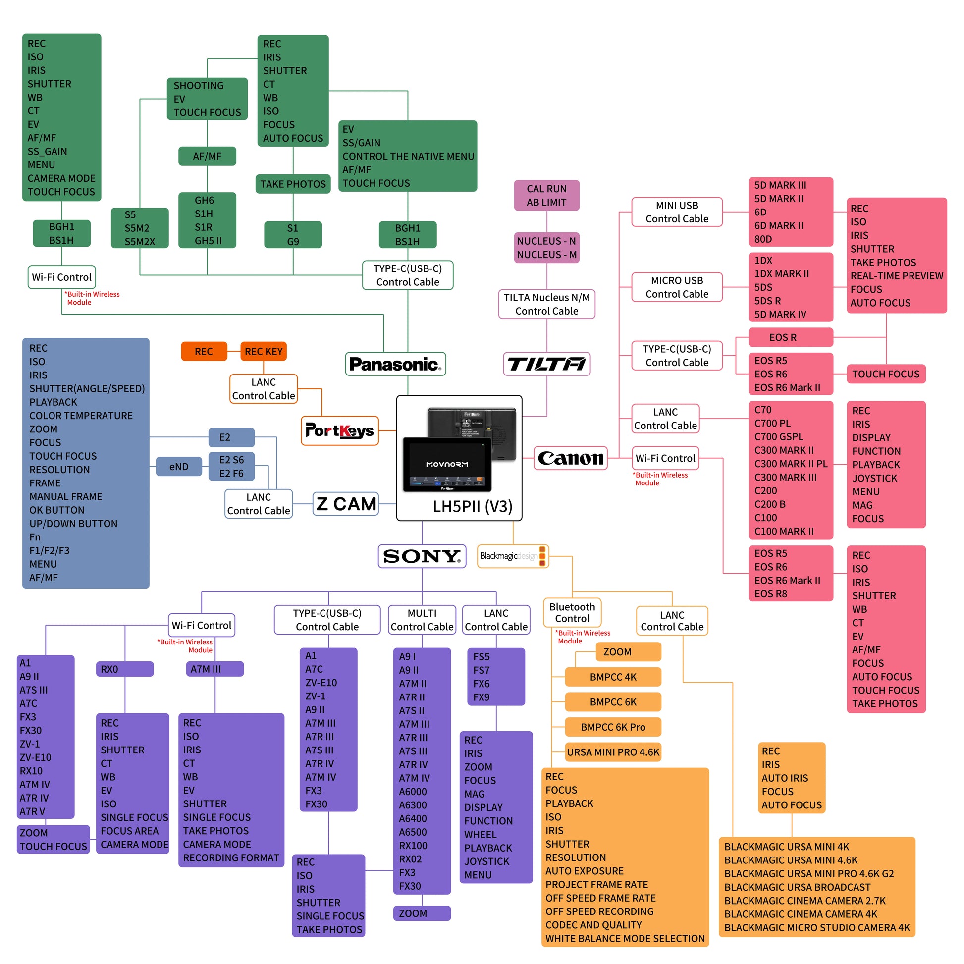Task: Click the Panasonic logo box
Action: click(395, 364)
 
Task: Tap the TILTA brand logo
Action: click(546, 364)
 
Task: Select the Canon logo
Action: click(570, 458)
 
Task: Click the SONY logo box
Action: click(422, 556)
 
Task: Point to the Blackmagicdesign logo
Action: click(513, 556)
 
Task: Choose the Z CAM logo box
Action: click(346, 504)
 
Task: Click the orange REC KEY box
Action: click(264, 351)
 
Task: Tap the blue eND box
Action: click(179, 467)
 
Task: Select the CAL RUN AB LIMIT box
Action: click(546, 195)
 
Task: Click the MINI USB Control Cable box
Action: click(677, 212)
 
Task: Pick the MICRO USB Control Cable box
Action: click(677, 287)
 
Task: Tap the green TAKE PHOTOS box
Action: click(293, 184)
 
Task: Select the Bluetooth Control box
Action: click(572, 612)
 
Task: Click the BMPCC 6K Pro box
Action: click(613, 727)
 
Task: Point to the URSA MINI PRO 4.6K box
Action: click(613, 752)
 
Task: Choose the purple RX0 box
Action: click(124, 669)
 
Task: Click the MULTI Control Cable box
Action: click(422, 620)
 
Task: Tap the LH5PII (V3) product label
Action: click(472, 506)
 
